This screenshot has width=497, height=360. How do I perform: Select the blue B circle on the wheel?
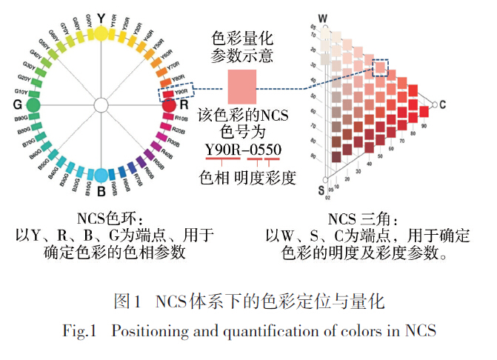coord(101,176)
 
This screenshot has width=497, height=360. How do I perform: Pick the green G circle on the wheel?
coord(33,104)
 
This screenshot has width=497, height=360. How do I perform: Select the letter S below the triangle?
coord(321,190)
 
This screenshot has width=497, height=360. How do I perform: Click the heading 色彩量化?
coord(242,37)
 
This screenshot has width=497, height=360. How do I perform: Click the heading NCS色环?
coord(106,219)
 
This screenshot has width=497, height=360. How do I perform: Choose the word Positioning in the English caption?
coord(150,330)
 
